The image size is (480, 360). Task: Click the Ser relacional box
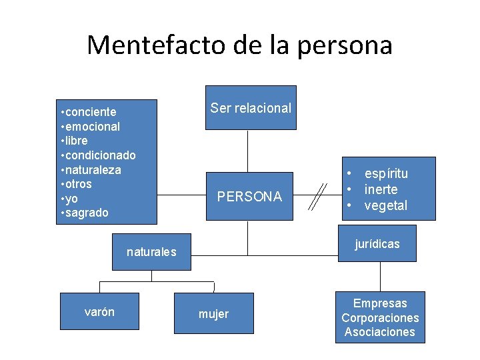tap(251, 107)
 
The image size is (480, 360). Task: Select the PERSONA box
tap(250, 196)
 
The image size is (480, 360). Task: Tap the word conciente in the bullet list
tap(90, 112)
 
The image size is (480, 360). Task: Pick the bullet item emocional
tap(92, 127)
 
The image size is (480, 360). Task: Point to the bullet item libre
tap(76, 141)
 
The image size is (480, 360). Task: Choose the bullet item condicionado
tap(100, 155)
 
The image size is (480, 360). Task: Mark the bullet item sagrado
tap(86, 213)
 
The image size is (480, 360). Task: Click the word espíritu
tap(386, 173)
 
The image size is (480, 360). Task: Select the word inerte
tap(381, 189)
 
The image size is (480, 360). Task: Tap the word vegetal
tap(385, 205)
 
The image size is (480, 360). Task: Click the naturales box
tap(151, 251)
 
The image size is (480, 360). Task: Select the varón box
tap(99, 311)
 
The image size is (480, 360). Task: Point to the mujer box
tap(213, 313)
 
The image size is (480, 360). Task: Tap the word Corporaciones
tap(380, 318)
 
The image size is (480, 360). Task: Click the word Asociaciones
tap(380, 332)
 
